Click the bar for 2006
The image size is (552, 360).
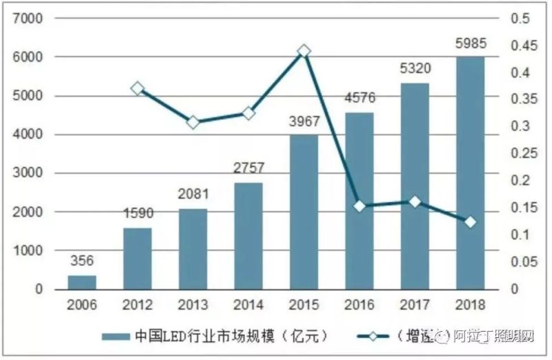[x=81, y=282]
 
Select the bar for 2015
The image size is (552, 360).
[x=304, y=212]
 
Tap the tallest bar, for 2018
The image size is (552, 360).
[x=470, y=172]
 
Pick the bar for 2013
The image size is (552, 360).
[x=193, y=248]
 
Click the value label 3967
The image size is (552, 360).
[x=304, y=122]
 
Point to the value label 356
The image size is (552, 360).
[x=81, y=261]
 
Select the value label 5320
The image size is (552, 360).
[x=415, y=69]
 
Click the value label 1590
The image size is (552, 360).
[x=137, y=214]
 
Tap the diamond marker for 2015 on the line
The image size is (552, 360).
[x=304, y=51]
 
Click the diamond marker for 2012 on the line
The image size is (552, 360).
[x=137, y=88]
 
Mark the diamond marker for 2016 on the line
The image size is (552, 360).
[x=359, y=206]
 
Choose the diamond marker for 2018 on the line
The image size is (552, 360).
[x=470, y=222]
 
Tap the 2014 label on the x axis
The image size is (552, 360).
[x=248, y=304]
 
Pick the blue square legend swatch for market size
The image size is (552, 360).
[x=115, y=337]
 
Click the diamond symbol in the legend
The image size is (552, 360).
[x=373, y=337]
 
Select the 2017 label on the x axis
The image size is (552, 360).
[x=415, y=304]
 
